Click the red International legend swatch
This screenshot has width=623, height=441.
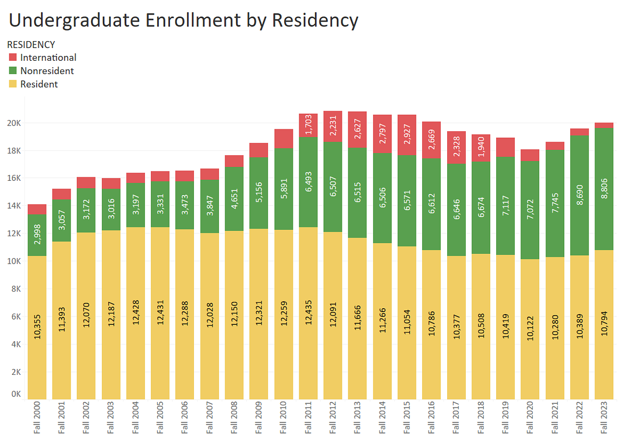(x=13, y=57)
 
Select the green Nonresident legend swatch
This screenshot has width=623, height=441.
(x=13, y=71)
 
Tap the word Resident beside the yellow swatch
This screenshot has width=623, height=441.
(x=39, y=84)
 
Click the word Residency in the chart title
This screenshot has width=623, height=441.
(x=315, y=20)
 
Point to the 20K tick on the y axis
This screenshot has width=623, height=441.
(x=14, y=123)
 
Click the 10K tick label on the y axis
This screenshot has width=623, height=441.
(x=14, y=261)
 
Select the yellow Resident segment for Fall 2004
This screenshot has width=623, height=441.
(x=136, y=314)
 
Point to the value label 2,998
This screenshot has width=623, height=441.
(x=37, y=235)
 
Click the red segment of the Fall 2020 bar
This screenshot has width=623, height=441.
(x=530, y=155)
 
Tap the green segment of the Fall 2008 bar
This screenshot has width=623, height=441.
(x=234, y=199)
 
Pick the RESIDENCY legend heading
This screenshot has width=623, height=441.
(x=31, y=45)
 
